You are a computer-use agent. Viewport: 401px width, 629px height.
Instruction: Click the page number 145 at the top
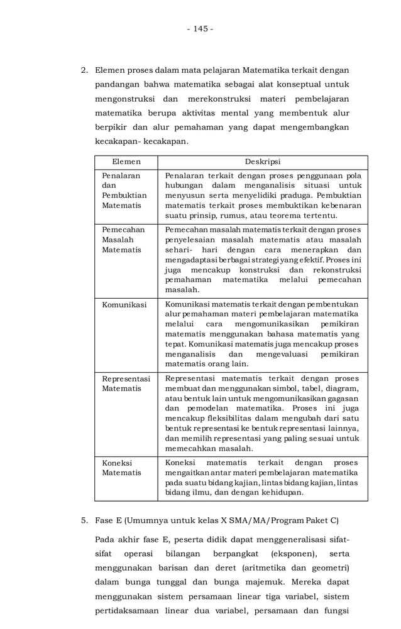click(200, 29)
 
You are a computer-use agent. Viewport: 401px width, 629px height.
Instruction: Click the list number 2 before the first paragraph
click(84, 70)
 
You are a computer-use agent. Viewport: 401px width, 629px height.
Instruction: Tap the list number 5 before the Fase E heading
click(84, 520)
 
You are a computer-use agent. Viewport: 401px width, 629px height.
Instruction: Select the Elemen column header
click(126, 162)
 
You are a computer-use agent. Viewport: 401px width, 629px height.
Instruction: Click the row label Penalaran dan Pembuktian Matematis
click(121, 190)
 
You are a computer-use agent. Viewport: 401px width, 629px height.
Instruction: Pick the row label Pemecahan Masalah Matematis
click(121, 240)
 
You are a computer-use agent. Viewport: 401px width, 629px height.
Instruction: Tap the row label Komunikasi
click(124, 304)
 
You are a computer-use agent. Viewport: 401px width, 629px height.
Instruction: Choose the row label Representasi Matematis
click(126, 384)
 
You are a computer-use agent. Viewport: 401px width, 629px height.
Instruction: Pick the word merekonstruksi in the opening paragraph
click(216, 99)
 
